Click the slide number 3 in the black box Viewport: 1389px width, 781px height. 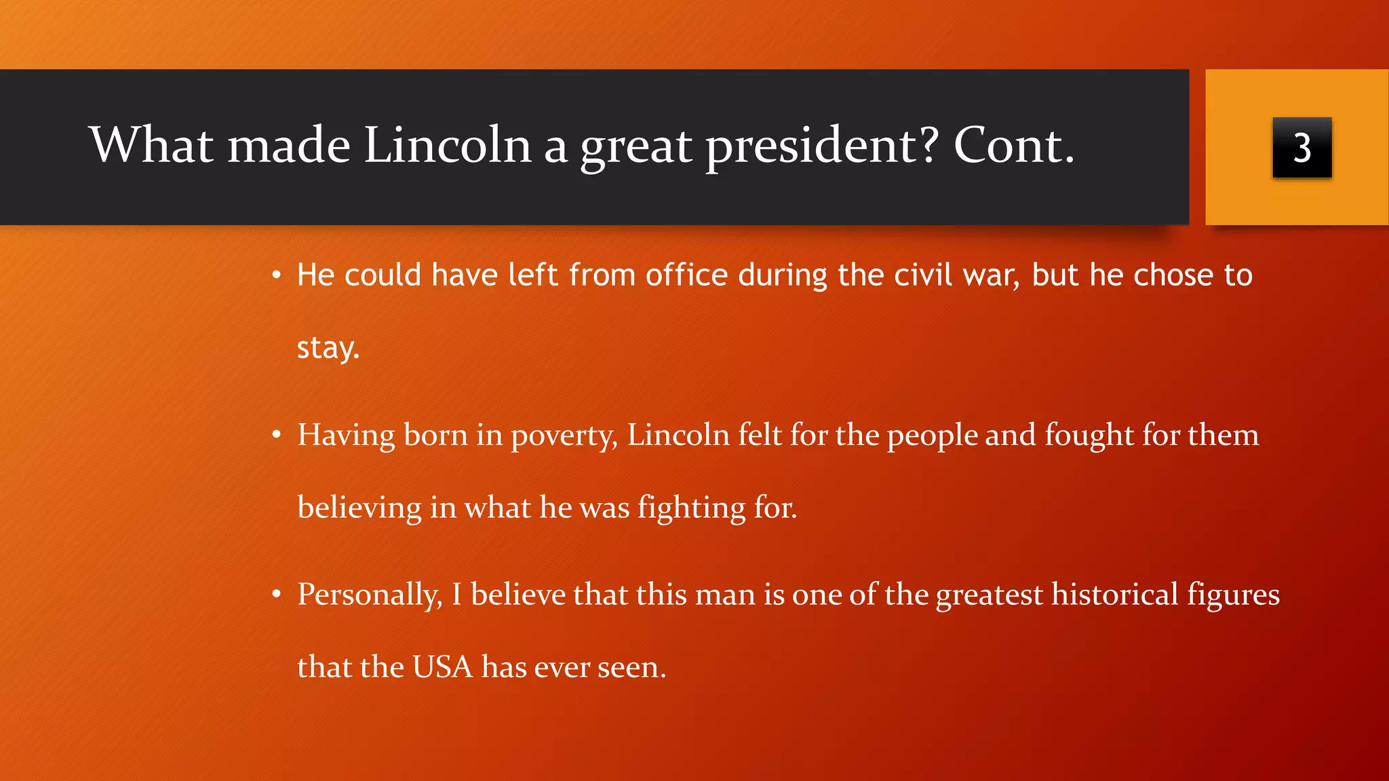[1302, 148]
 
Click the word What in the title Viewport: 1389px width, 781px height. [151, 145]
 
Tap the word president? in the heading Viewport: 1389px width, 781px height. [822, 146]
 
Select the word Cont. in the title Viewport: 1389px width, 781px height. [1014, 145]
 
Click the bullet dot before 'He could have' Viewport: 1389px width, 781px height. [276, 275]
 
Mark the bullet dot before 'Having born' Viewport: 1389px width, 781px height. [276, 435]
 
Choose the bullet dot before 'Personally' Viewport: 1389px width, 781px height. [276, 595]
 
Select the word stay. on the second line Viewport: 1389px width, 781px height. [328, 348]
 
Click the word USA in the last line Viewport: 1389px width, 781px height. [442, 667]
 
